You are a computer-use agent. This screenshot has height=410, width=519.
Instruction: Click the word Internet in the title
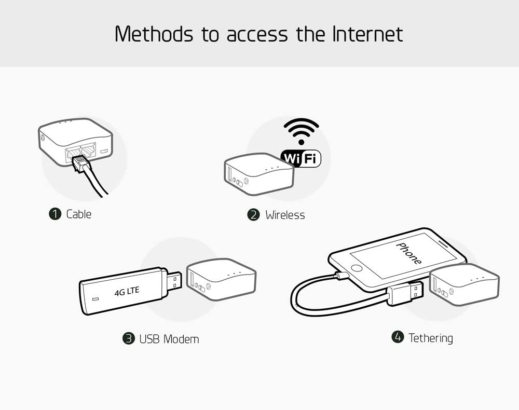pos(367,34)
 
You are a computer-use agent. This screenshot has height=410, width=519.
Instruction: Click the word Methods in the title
pos(154,34)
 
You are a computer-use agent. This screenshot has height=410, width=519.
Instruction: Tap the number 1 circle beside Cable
pos(55,214)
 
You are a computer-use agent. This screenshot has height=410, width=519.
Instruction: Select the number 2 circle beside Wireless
pos(254,215)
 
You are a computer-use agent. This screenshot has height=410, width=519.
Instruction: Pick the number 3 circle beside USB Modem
pos(128,338)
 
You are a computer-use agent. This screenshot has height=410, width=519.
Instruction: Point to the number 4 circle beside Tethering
pos(398,337)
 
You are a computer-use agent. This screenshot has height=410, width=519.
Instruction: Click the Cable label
pos(79,214)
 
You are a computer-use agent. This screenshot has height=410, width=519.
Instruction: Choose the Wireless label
pos(285,215)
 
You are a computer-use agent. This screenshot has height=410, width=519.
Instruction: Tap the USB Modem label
pos(169,339)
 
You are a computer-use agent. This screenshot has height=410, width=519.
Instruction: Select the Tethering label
pos(431,338)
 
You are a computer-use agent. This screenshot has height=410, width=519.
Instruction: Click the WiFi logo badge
pos(301,158)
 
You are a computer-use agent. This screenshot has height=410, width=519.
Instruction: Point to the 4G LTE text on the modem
pos(127,291)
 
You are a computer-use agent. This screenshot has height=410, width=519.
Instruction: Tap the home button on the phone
pos(357,268)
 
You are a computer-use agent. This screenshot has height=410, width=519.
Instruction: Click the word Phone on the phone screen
pos(409,253)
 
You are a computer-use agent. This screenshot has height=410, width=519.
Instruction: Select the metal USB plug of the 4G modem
pos(173,282)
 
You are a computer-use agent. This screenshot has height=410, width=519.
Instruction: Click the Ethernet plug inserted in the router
pos(79,163)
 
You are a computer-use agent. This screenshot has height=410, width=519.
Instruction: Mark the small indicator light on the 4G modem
pos(95,299)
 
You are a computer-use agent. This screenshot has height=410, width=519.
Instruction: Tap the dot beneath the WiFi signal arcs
pos(301,142)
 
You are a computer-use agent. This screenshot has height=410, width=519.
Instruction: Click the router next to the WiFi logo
pos(259,174)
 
